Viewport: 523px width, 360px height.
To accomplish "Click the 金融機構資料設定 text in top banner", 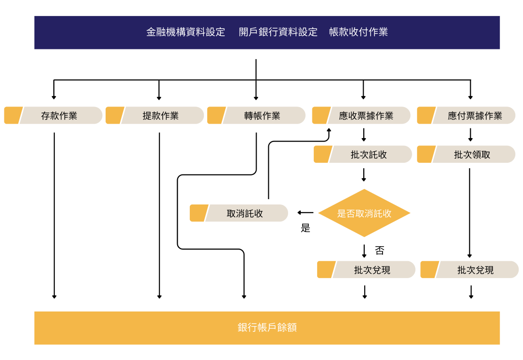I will point(185,32).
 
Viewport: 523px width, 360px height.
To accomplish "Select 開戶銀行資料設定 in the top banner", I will point(278,32).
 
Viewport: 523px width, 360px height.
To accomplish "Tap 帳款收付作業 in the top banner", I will point(358,32).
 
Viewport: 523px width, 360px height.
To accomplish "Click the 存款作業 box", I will point(59,116).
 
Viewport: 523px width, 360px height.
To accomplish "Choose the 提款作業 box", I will point(161,116).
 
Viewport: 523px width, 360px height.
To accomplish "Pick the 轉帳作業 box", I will point(262,116).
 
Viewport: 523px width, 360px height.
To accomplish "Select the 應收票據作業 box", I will point(366,116).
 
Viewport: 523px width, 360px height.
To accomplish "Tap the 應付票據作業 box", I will point(475,116).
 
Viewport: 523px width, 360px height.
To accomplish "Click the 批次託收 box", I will point(369,155).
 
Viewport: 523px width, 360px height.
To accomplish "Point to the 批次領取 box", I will point(472,155).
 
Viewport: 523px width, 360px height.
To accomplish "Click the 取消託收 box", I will point(245,214).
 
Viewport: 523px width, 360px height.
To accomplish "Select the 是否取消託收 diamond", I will point(364,213).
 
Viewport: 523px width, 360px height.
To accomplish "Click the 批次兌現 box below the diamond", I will point(372,270).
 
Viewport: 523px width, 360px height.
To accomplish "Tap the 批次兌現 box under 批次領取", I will point(476,270).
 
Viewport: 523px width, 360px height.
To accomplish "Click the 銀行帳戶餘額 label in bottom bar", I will point(267,328).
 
